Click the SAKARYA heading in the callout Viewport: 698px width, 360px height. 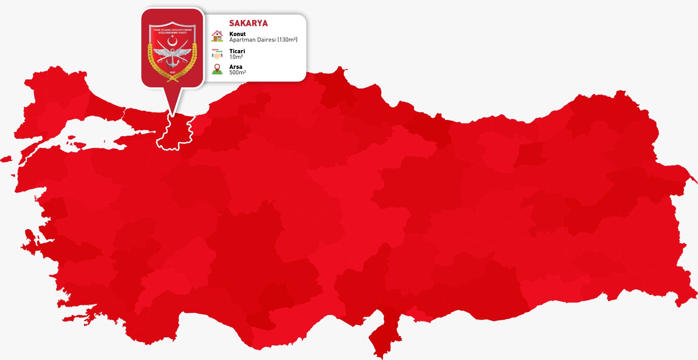(x=248, y=23)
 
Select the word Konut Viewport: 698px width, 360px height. (x=237, y=34)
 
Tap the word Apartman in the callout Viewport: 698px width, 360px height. (x=241, y=40)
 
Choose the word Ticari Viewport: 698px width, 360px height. (x=237, y=51)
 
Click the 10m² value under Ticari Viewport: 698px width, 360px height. (x=236, y=57)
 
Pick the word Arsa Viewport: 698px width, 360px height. (x=236, y=67)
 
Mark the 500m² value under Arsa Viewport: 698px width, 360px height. (x=237, y=72)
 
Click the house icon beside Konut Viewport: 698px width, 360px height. (x=217, y=36)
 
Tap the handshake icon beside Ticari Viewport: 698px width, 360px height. (x=217, y=54)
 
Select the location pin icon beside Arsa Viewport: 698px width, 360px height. (x=217, y=69)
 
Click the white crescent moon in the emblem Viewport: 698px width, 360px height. (x=172, y=41)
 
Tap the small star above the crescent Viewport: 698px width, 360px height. (x=173, y=36)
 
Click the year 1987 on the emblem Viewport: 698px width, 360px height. (x=172, y=72)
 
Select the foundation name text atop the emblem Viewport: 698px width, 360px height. (x=172, y=31)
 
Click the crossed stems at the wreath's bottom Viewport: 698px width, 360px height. (x=172, y=79)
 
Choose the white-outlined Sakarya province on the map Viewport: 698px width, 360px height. (x=177, y=133)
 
